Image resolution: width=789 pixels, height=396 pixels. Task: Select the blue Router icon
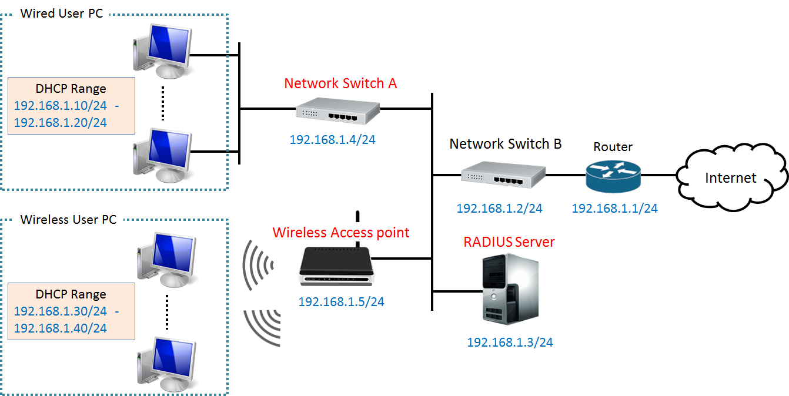pos(612,174)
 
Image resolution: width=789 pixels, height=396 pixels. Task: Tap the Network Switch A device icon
pos(337,110)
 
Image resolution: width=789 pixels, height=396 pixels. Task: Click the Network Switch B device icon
pos(503,174)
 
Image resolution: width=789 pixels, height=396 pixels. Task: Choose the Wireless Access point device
pos(336,266)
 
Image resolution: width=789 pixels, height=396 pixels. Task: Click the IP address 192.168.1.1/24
pos(614,208)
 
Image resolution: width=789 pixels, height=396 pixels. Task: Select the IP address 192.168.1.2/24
pos(499,208)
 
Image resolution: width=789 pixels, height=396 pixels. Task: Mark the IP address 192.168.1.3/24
pos(510,342)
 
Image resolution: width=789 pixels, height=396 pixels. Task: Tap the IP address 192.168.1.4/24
pos(332,140)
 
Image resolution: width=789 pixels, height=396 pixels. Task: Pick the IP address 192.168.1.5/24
pos(341,301)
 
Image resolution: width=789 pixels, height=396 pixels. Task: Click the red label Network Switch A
pos(340,83)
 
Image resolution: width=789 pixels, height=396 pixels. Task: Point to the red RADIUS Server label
pos(509,241)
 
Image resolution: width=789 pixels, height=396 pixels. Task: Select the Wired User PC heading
pos(62,13)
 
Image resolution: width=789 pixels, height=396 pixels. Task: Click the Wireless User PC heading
pos(68,220)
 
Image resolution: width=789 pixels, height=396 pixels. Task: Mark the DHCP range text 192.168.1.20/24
pos(60,122)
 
